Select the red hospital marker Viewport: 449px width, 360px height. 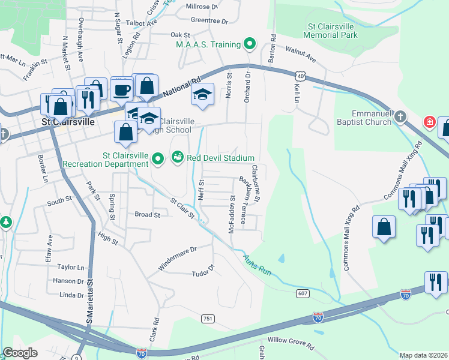(430, 122)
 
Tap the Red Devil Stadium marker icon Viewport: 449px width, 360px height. (178, 157)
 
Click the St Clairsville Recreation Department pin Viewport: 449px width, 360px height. (158, 159)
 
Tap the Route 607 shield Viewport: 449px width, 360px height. (302, 293)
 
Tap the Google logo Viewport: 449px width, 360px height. (20, 353)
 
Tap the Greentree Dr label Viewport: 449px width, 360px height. (210, 20)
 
